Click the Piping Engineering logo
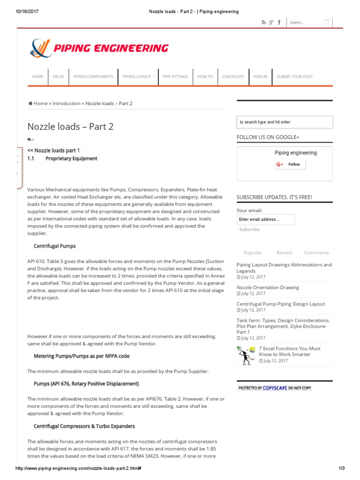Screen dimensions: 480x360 point(99,48)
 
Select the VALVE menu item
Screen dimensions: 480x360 point(58,76)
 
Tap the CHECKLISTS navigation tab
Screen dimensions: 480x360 point(233,76)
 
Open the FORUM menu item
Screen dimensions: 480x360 point(260,76)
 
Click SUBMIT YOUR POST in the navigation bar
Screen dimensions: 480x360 point(294,76)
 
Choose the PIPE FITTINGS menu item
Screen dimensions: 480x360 point(175,76)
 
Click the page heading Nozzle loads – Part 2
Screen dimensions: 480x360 point(70,126)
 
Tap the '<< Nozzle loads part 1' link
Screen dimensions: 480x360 point(53,150)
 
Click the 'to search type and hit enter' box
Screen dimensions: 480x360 point(285,122)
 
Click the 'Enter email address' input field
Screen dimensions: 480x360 point(265,219)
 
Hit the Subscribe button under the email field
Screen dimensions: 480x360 point(249,230)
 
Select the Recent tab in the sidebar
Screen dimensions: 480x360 point(284,253)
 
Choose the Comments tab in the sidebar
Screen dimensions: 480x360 point(316,253)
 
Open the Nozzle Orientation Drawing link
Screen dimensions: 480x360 point(268,287)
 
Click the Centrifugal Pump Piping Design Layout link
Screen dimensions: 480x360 point(280,304)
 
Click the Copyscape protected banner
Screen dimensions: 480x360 point(274,388)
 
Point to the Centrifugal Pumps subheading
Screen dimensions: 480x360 point(55,246)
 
